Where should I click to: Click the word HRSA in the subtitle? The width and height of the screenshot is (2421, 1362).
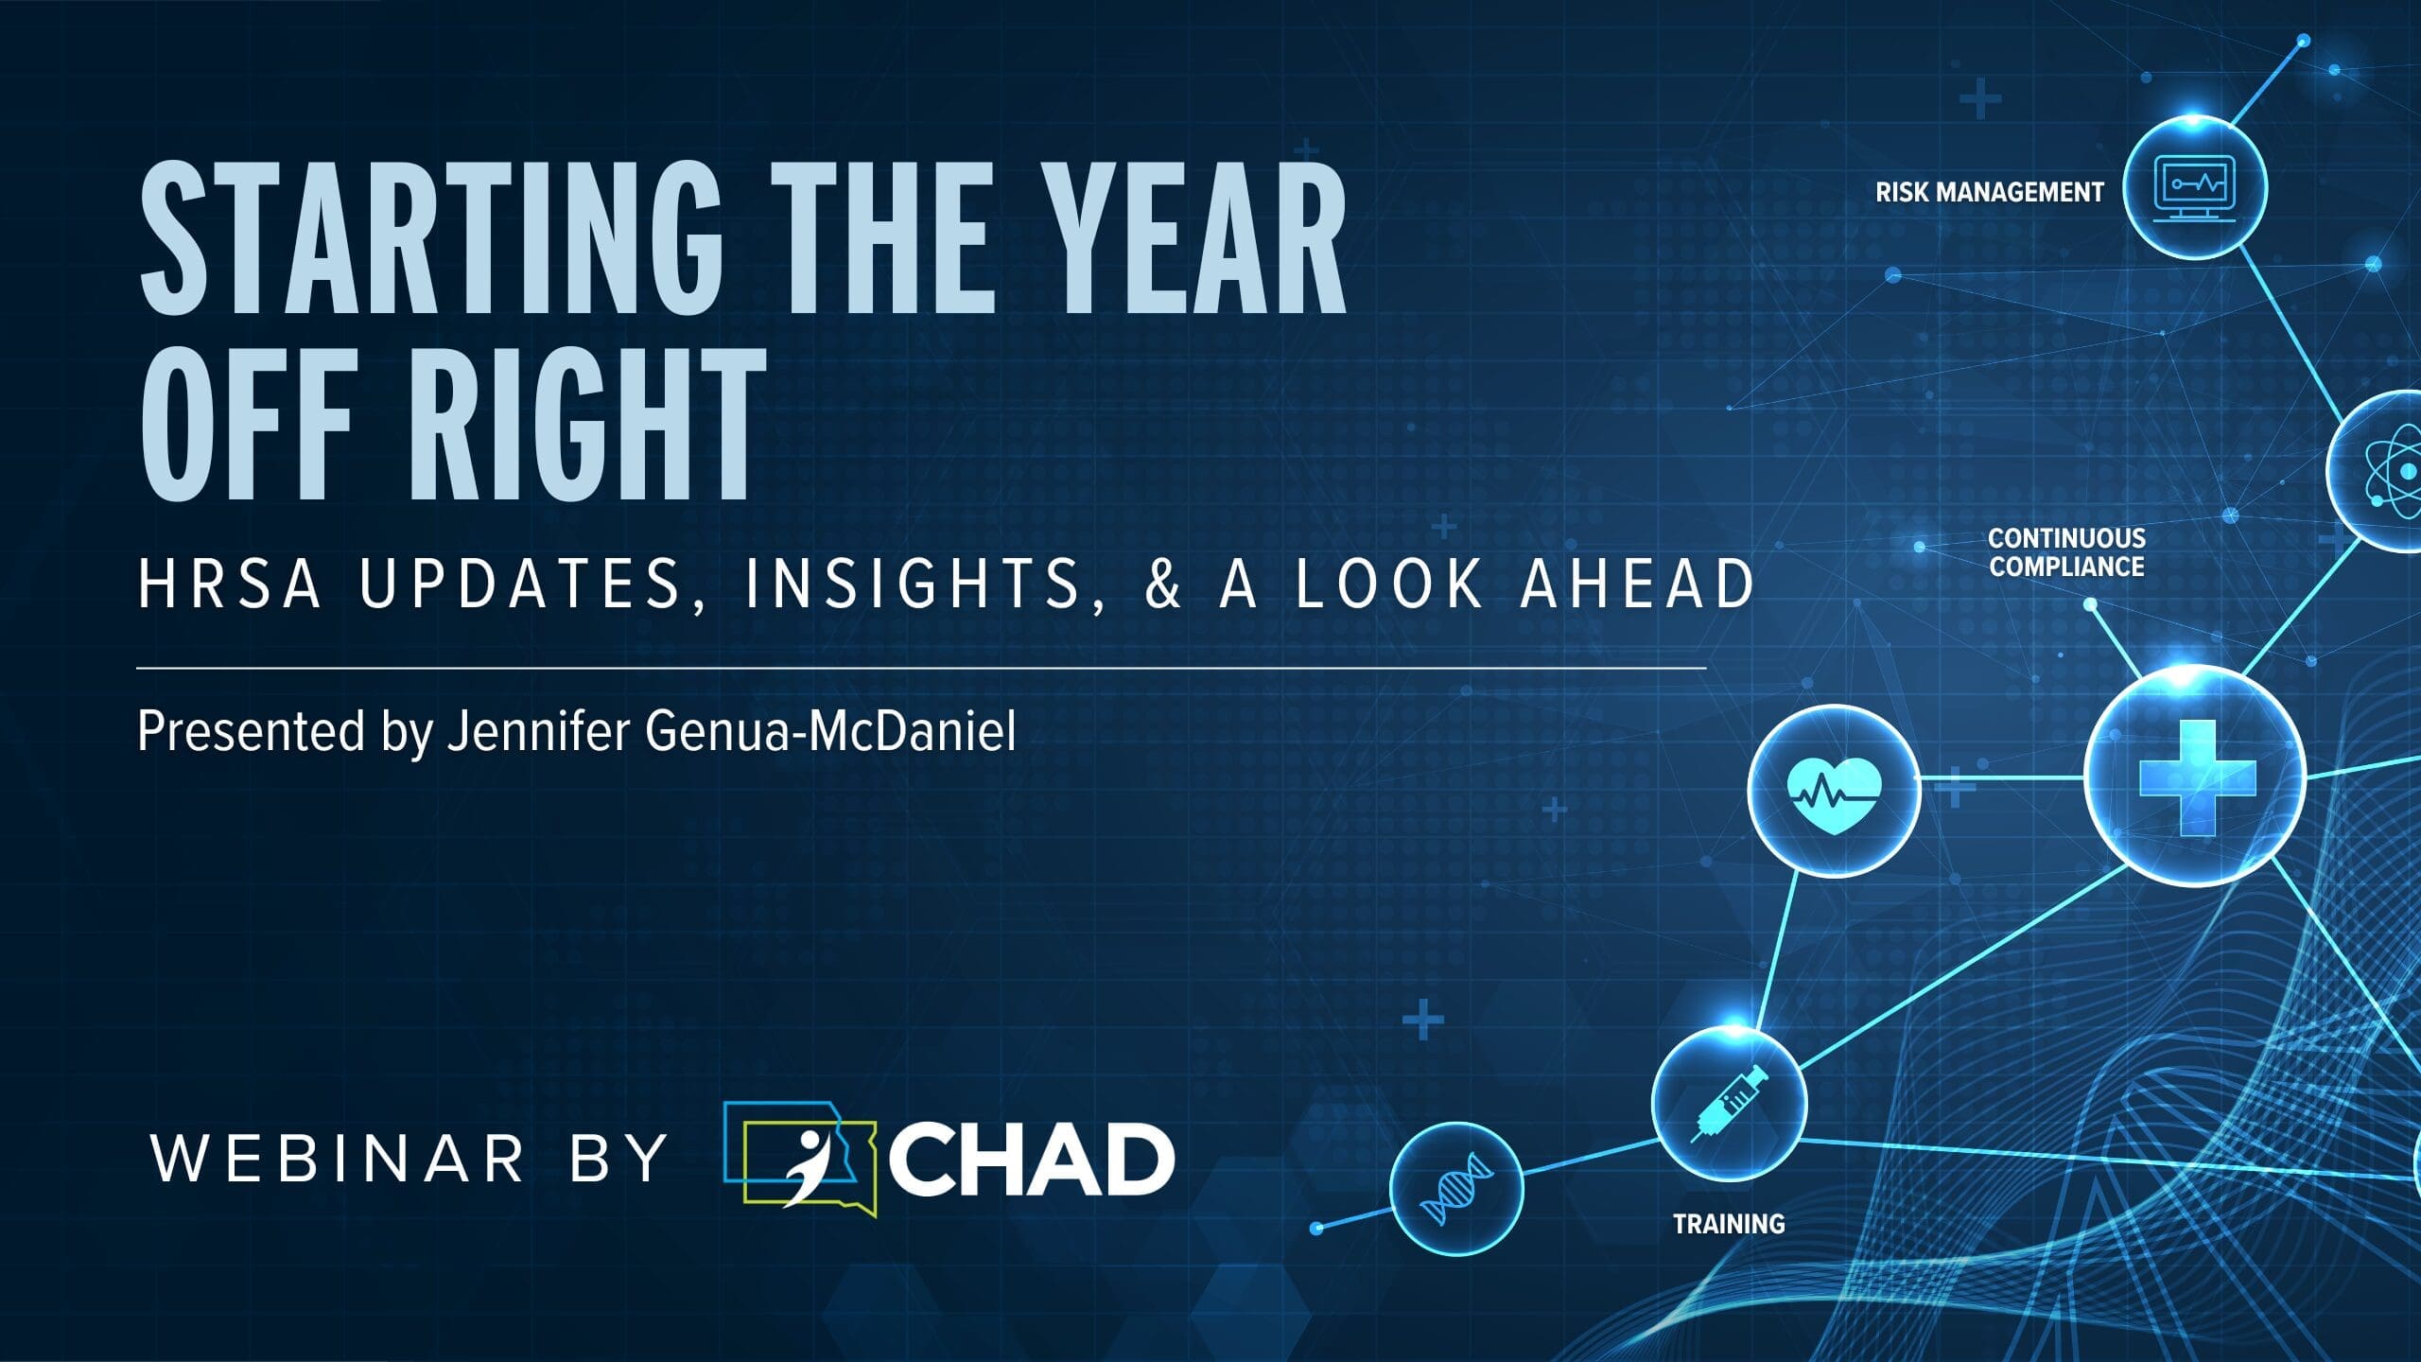pyautogui.click(x=230, y=584)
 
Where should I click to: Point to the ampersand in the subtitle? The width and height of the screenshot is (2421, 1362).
pyautogui.click(x=1163, y=584)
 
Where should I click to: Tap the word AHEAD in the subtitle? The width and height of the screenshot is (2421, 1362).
pyautogui.click(x=1638, y=584)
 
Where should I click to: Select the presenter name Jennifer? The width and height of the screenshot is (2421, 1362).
pyautogui.click(x=538, y=731)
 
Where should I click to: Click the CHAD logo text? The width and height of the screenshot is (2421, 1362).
pyautogui.click(x=1032, y=1161)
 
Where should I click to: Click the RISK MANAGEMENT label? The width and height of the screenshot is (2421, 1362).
pyautogui.click(x=1990, y=192)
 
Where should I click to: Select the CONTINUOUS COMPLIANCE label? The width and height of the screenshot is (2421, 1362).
pyautogui.click(x=2066, y=552)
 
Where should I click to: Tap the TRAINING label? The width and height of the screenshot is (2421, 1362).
pyautogui.click(x=1729, y=1224)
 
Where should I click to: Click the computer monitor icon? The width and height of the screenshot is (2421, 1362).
pyautogui.click(x=2194, y=188)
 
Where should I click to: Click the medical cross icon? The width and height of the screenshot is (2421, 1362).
pyautogui.click(x=2197, y=777)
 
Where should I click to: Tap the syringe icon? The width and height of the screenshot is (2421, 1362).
pyautogui.click(x=1730, y=1103)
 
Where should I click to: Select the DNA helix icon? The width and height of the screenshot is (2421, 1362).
pyautogui.click(x=1457, y=1189)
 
